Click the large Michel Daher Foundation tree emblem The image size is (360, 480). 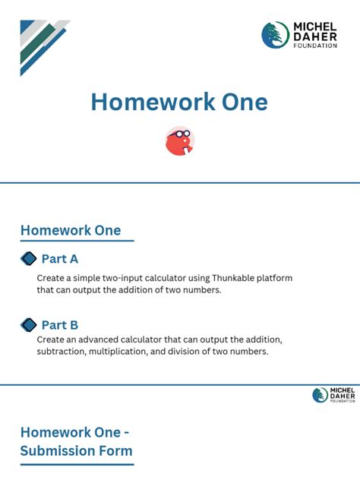(275, 35)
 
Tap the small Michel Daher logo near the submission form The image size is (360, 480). (333, 395)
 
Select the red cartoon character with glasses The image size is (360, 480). (180, 141)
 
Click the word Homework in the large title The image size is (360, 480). (153, 102)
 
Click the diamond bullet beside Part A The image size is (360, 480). (28, 259)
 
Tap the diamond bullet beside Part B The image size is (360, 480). (28, 325)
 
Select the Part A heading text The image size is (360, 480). (60, 259)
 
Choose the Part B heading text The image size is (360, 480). (60, 325)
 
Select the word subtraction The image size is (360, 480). (62, 352)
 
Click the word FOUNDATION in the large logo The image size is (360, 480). (315, 46)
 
